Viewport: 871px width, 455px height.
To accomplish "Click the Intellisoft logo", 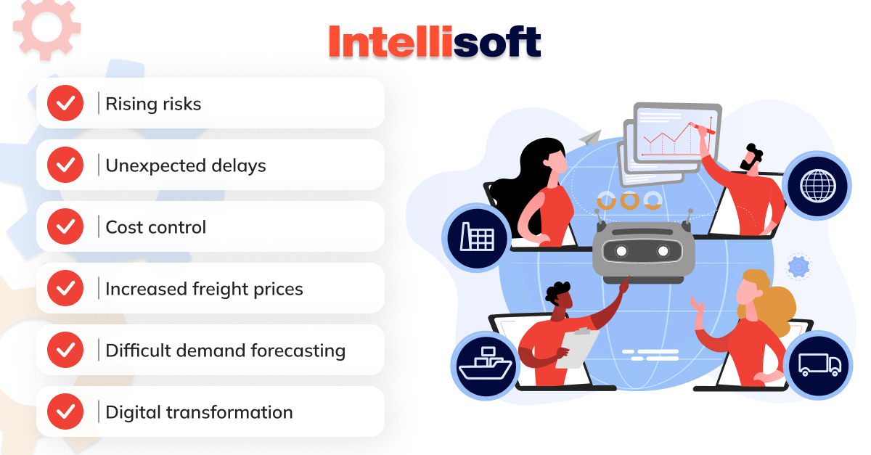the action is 435,41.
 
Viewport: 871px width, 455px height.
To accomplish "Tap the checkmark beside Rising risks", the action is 65,103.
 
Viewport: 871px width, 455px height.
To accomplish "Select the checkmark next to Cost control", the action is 65,226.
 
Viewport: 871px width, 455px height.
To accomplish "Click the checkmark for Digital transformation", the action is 65,412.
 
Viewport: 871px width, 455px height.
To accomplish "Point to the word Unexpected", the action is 155,166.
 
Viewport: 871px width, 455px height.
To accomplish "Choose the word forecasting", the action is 298,351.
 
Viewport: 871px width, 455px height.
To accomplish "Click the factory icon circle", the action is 477,237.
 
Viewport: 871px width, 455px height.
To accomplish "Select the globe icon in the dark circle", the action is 818,186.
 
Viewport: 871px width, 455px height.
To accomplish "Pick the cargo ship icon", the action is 486,364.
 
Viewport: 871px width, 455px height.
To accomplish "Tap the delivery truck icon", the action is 819,365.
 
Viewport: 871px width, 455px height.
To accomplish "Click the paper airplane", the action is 590,138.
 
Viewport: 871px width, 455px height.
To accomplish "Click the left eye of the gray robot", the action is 621,251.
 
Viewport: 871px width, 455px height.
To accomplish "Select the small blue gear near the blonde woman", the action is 798,267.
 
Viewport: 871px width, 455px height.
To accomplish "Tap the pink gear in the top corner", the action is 47,28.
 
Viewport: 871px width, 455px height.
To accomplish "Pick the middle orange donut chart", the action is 629,201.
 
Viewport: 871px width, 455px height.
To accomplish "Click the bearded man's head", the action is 752,160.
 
